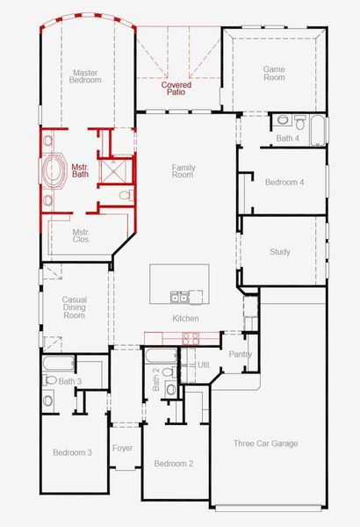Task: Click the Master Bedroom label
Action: (85, 75)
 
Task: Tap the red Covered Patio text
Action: (177, 88)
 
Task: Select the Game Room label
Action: (275, 73)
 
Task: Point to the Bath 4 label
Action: (287, 139)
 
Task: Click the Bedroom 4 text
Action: (284, 182)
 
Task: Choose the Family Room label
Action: (183, 171)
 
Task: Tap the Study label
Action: (279, 252)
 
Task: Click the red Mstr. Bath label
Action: (80, 170)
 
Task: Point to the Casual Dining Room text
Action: (74, 307)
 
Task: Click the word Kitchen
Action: (185, 318)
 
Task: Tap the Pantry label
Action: (240, 355)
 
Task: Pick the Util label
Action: (203, 364)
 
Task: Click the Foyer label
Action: (123, 448)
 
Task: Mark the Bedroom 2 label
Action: (173, 463)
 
